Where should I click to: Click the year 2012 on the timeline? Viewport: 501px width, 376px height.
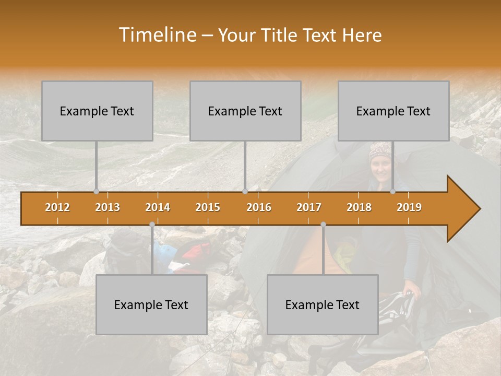57,207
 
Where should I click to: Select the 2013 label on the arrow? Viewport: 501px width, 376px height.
108,207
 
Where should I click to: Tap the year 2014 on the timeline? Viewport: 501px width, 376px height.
158,207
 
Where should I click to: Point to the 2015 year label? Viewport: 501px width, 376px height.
208,207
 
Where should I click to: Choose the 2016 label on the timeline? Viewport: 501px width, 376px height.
259,207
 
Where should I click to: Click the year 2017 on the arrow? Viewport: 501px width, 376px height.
309,207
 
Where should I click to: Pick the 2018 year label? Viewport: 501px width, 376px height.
359,207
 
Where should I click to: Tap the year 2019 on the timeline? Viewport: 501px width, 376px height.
409,207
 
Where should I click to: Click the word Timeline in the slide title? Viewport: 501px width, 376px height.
157,35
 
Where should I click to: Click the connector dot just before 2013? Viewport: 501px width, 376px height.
96,191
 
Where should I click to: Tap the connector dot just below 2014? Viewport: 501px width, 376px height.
152,225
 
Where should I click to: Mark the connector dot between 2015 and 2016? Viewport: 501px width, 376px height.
245,191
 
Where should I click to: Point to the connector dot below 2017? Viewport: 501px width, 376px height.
323,225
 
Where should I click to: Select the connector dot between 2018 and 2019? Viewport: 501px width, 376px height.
392,191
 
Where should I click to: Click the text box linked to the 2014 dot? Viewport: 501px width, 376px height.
151,304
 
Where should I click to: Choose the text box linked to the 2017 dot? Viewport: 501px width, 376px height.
323,304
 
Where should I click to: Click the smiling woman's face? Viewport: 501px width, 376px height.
380,168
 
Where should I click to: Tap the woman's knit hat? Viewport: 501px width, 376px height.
380,150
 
